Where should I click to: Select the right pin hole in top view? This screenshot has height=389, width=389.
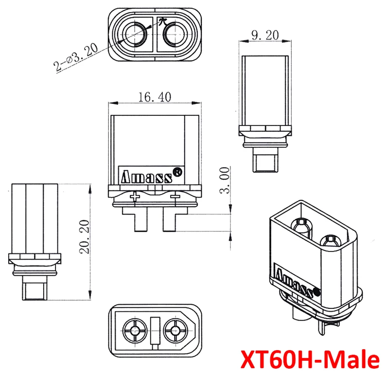174,35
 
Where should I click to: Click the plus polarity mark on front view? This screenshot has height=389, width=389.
135,196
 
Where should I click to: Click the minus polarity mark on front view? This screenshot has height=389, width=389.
176,196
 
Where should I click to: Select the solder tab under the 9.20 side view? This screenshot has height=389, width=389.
266,161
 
